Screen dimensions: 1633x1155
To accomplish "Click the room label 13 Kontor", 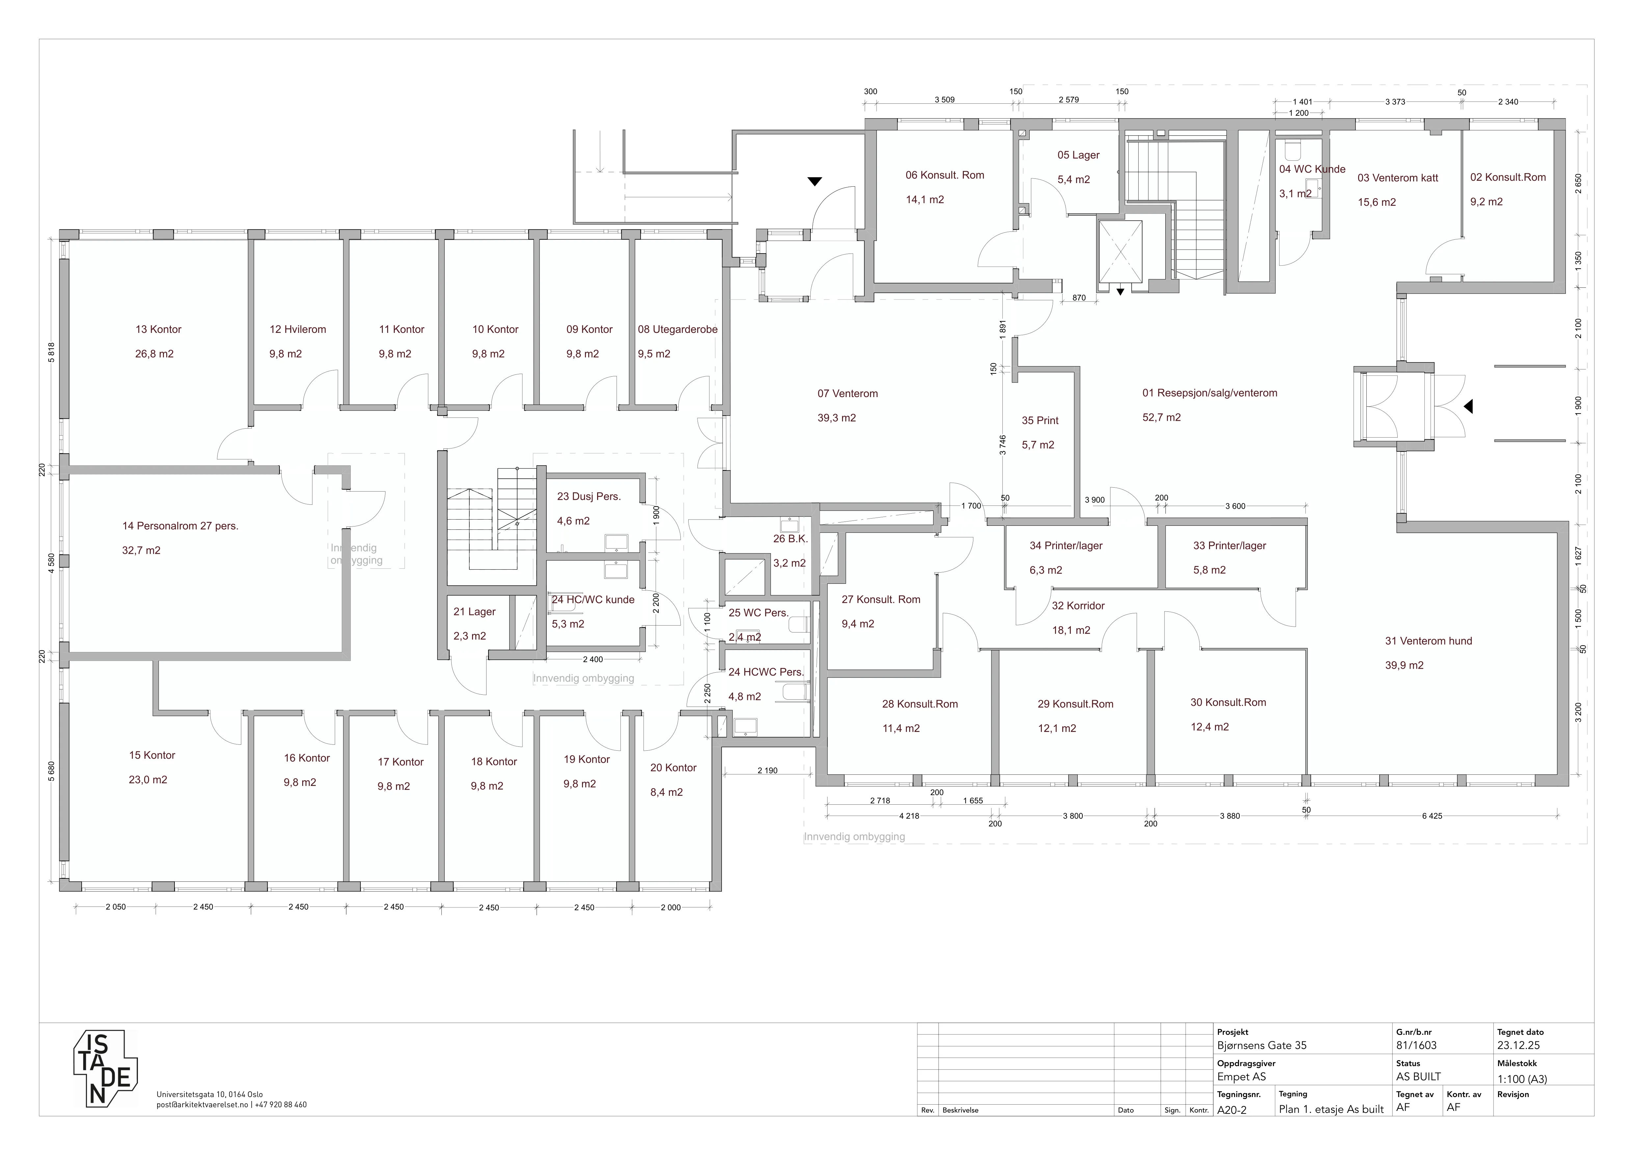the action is pos(159,329).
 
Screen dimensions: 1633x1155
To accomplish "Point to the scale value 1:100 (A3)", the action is pos(1522,1079).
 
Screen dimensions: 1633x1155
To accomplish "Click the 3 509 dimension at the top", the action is pos(944,99).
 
